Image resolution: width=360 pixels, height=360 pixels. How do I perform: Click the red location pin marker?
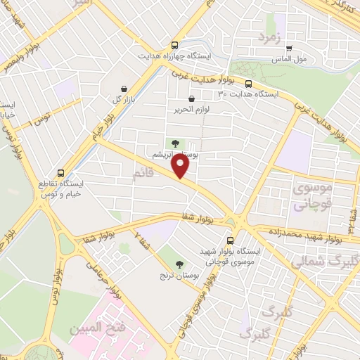pos(181,167)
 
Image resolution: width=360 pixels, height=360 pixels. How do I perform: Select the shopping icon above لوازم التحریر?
pos(191,99)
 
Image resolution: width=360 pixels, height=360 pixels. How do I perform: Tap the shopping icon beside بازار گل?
pos(124,89)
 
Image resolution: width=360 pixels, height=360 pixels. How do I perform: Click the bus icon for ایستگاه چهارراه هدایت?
pos(175,45)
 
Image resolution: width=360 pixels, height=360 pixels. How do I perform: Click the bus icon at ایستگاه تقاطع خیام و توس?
pos(60,172)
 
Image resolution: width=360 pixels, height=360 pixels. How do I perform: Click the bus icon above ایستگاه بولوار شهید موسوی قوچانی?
pos(230,240)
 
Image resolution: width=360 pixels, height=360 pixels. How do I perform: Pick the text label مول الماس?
pos(291,59)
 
